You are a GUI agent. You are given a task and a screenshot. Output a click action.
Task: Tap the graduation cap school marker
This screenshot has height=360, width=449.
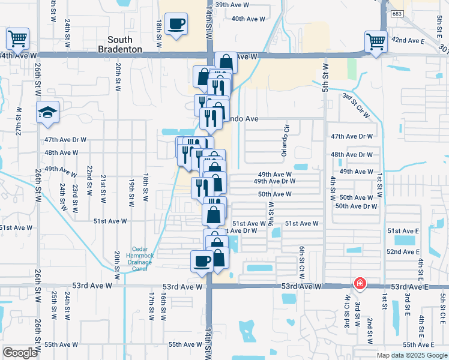(x=47, y=112)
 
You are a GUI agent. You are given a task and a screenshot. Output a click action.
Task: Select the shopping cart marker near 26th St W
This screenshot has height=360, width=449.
(x=17, y=39)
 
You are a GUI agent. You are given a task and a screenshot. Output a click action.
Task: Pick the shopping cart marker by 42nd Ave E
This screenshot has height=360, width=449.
(x=376, y=41)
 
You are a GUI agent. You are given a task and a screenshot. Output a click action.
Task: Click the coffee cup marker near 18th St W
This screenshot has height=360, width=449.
(x=176, y=24)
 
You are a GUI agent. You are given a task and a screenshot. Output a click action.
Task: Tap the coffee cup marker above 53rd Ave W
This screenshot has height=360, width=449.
(x=201, y=261)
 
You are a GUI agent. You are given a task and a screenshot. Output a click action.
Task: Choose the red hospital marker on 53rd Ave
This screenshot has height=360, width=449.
(x=360, y=283)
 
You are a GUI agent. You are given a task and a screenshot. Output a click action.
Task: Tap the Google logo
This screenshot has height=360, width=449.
(x=20, y=353)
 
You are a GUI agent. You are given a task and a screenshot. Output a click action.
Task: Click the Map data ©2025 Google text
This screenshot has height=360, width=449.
(x=412, y=355)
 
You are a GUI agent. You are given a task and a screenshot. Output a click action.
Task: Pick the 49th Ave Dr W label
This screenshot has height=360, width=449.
(x=274, y=181)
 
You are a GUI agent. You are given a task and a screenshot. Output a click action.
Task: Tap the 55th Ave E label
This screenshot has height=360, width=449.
(x=418, y=344)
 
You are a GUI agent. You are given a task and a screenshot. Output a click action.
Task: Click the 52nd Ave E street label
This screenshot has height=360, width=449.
(x=403, y=251)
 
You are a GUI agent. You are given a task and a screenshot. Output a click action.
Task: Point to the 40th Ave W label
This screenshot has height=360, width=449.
(x=248, y=19)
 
